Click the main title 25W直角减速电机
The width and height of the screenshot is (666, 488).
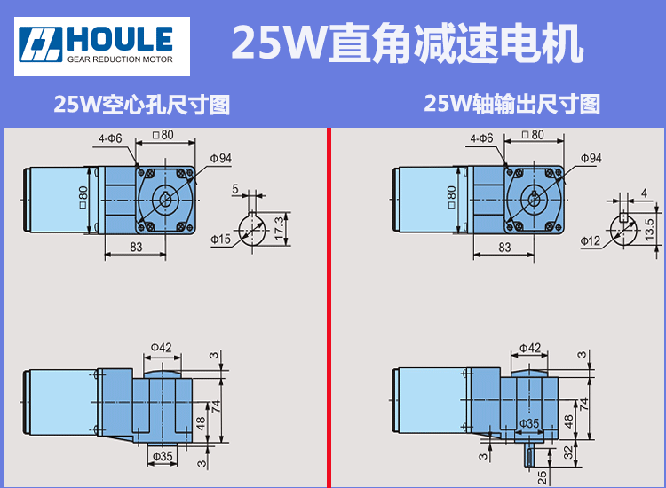(x=408, y=43)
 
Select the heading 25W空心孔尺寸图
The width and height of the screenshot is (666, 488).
(x=142, y=106)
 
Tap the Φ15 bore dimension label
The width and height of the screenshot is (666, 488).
(x=220, y=240)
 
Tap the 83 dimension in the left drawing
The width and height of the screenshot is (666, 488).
(x=136, y=248)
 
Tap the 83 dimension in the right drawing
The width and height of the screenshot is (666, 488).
(x=504, y=248)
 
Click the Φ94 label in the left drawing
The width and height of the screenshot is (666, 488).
(x=221, y=158)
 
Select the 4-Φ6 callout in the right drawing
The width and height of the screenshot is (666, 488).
(x=480, y=138)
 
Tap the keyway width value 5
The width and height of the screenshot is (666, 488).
(x=235, y=188)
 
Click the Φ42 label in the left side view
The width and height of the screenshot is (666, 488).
(x=161, y=347)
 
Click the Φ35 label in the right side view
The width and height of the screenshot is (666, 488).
(x=530, y=423)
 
